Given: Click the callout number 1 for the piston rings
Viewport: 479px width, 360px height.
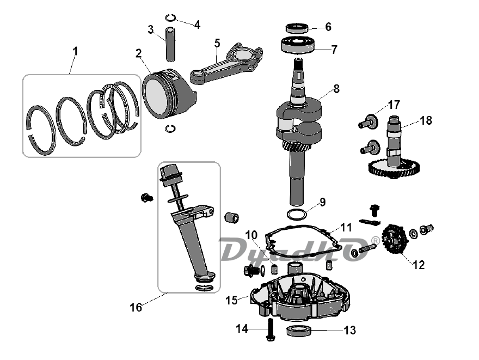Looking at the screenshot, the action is pyautogui.click(x=75, y=51).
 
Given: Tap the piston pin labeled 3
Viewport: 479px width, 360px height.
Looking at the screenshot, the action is pyautogui.click(x=171, y=44).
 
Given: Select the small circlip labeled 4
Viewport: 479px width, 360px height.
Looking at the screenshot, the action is pyautogui.click(x=170, y=18).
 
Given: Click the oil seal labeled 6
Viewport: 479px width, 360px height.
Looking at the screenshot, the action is pyautogui.click(x=297, y=28).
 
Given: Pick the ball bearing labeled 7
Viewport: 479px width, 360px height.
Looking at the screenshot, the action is pyautogui.click(x=298, y=45).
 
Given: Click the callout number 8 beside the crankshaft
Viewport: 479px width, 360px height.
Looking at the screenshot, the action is pyautogui.click(x=336, y=89).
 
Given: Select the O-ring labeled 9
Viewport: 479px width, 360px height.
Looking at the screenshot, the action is pyautogui.click(x=297, y=214).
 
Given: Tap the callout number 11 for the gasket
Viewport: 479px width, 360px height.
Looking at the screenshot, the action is pyautogui.click(x=346, y=227).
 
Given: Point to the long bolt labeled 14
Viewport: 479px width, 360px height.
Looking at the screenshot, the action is pyautogui.click(x=271, y=330).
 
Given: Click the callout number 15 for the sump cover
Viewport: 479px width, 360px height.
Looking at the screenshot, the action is pyautogui.click(x=231, y=300).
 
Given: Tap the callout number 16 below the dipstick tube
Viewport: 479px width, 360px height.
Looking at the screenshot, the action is pyautogui.click(x=136, y=307).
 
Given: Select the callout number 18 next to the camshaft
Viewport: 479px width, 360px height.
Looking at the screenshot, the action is pyautogui.click(x=426, y=120).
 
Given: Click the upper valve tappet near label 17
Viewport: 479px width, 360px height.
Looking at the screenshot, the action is pyautogui.click(x=369, y=122).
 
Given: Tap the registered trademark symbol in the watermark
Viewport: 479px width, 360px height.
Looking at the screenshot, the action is pyautogui.click(x=376, y=241).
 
